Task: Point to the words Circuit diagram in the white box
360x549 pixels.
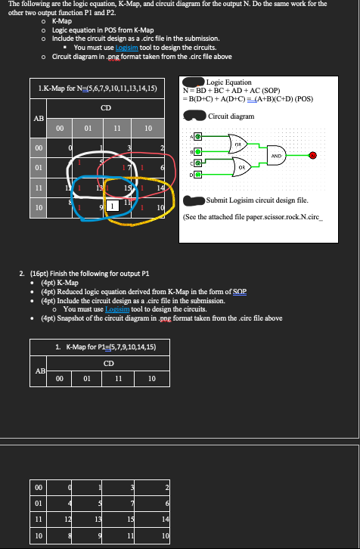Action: pos(231,116)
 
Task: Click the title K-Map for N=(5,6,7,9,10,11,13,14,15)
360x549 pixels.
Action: pos(98,89)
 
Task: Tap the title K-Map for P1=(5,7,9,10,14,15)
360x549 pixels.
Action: pos(106,346)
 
